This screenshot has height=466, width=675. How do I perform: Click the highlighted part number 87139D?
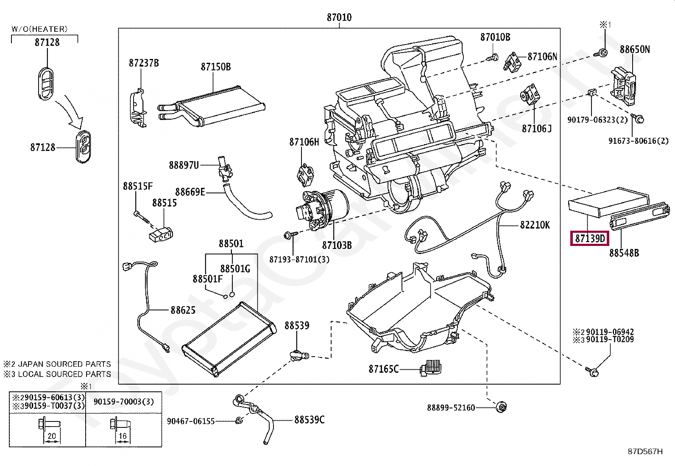(589, 238)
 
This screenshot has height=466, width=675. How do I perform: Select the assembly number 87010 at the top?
(339, 17)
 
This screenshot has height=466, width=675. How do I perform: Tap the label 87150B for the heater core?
(215, 67)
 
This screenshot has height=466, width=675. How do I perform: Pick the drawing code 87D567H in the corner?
(645, 452)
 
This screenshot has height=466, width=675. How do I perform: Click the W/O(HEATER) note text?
(39, 29)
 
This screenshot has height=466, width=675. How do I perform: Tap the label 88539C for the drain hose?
(309, 420)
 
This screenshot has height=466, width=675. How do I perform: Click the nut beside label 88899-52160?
(502, 407)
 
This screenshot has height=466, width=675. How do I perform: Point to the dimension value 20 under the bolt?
(52, 436)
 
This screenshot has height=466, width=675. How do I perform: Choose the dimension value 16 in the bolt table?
(123, 436)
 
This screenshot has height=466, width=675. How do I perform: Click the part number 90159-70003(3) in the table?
(123, 402)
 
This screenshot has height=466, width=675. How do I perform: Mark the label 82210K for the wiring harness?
(535, 225)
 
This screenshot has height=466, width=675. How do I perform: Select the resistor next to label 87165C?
(432, 367)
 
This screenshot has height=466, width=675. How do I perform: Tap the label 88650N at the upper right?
(634, 50)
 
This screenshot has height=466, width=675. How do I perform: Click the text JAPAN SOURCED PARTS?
(64, 364)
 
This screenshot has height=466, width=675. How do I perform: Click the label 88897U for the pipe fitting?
(184, 165)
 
